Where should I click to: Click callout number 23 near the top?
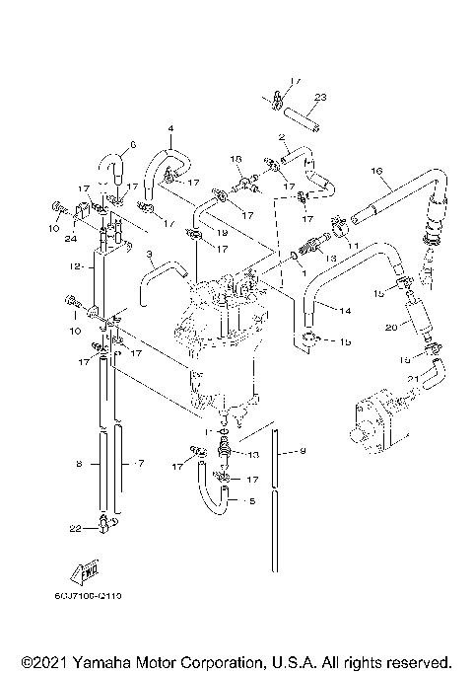click(319, 97)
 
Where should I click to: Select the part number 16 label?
click(375, 172)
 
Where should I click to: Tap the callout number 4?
click(169, 129)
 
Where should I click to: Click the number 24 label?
click(72, 237)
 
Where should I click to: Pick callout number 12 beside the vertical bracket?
click(75, 266)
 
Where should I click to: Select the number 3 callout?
click(149, 256)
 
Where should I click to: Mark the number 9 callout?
click(303, 452)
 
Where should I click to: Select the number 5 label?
click(249, 501)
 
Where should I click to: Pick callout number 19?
click(224, 233)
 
